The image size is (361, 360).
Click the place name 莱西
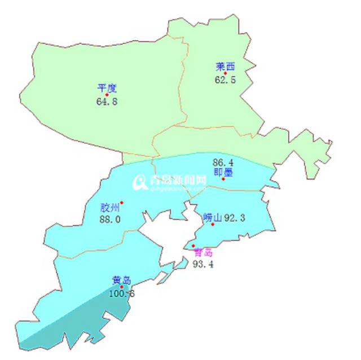click(224, 65)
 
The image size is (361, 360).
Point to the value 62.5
click(225, 80)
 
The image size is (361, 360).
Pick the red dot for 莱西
click(225, 73)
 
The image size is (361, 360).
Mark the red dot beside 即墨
click(223, 179)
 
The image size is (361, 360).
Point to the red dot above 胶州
click(121, 203)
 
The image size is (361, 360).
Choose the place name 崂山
click(212, 217)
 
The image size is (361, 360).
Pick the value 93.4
click(202, 264)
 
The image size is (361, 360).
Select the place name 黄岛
click(121, 279)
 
